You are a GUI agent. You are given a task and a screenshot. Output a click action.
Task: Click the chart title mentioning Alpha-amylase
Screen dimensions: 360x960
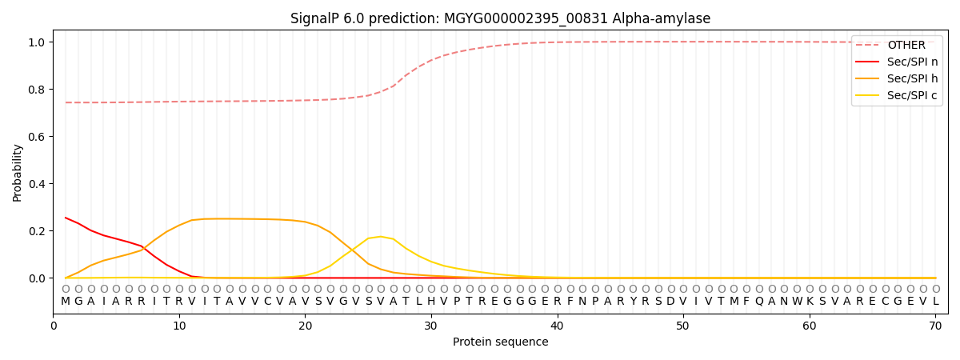(x=500, y=18)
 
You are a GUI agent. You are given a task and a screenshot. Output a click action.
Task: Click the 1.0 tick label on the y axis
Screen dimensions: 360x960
(x=37, y=42)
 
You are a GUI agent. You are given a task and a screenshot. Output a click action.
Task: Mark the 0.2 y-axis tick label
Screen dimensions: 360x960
(x=37, y=231)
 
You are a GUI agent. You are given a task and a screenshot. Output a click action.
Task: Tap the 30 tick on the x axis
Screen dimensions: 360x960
(x=431, y=326)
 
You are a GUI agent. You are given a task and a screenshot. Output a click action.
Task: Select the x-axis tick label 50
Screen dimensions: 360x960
(x=683, y=326)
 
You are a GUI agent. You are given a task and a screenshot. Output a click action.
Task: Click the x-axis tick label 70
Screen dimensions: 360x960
(x=935, y=326)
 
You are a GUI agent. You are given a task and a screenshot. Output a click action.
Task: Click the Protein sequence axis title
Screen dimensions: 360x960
(x=500, y=342)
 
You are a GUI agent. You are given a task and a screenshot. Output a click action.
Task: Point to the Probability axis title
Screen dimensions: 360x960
(x=18, y=173)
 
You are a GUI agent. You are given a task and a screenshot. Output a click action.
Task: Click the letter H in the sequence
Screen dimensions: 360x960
(x=431, y=302)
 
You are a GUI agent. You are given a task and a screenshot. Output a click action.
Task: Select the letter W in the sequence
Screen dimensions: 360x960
(x=797, y=302)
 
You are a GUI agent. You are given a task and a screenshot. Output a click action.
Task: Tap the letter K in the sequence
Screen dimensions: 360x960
(x=810, y=302)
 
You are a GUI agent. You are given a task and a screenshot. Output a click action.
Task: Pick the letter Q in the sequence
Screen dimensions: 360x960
(x=759, y=302)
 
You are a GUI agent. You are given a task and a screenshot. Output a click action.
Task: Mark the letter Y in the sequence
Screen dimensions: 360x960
(x=633, y=302)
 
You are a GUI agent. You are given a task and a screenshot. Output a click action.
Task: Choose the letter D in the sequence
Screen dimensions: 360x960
(x=670, y=302)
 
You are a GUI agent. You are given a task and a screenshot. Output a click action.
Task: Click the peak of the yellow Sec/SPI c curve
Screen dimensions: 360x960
(x=381, y=237)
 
